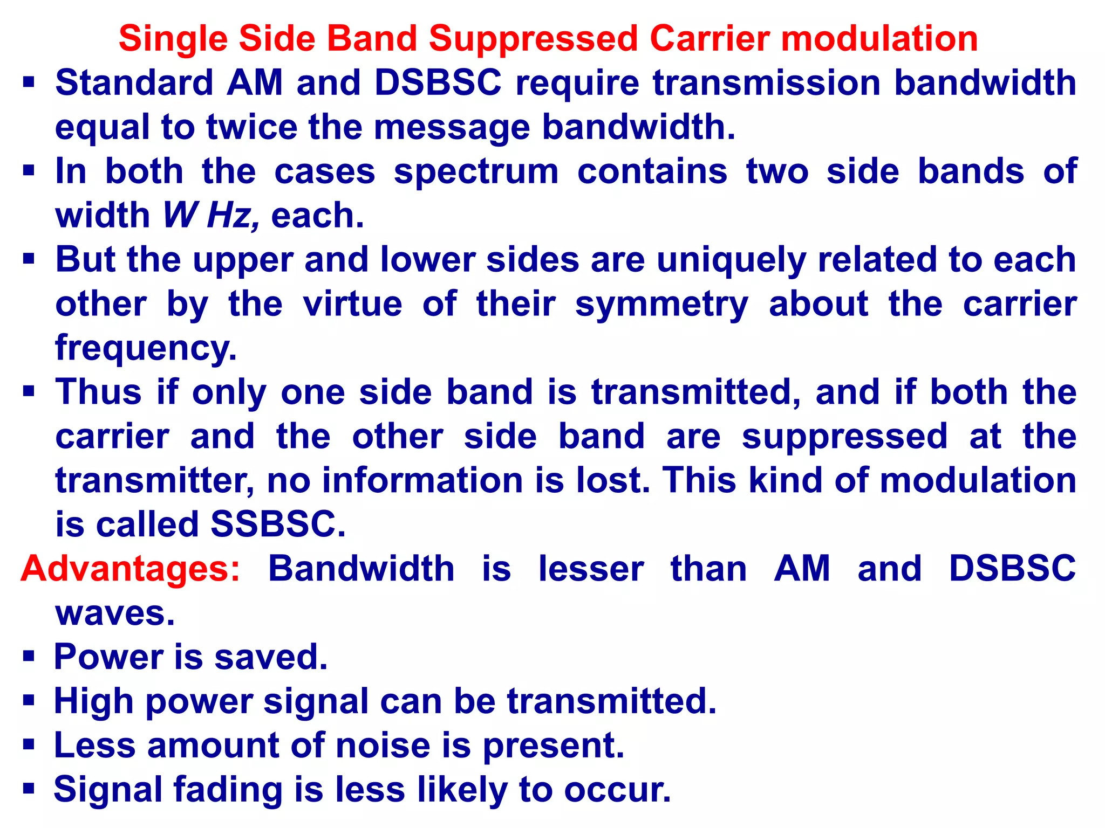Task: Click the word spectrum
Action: (x=476, y=172)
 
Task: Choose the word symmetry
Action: (x=661, y=305)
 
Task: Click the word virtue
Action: (x=353, y=305)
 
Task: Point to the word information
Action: (x=423, y=480)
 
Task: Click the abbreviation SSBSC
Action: (x=278, y=525)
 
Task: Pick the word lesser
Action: (x=591, y=569)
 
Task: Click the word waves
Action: (x=115, y=613)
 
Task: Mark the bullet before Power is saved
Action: (x=29, y=657)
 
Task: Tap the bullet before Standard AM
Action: (x=29, y=83)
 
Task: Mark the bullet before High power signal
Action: (x=29, y=701)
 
